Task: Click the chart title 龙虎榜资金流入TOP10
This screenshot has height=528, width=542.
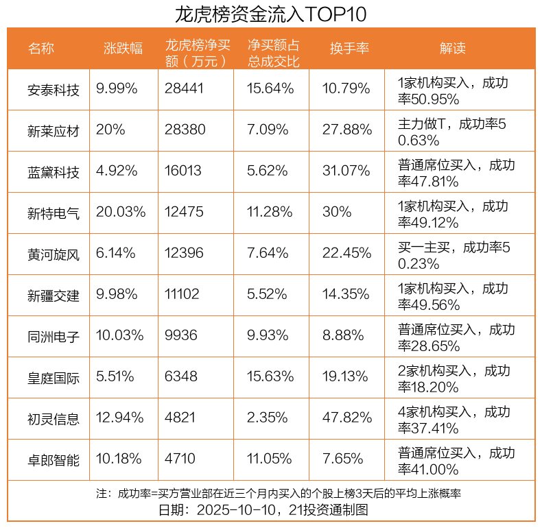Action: coord(271,14)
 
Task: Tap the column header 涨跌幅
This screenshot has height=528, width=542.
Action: coord(123,48)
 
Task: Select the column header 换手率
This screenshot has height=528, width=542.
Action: coord(349,48)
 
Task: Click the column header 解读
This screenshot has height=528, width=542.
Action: coord(453,48)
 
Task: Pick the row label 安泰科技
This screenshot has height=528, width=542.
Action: coord(54,89)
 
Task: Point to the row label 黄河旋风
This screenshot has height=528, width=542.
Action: coord(54,254)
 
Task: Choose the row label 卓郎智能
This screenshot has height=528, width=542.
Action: coord(54,459)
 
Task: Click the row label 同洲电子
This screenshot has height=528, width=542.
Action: coord(54,336)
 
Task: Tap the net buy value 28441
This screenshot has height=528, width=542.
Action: coord(185,89)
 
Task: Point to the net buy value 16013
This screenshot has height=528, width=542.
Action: coord(185,171)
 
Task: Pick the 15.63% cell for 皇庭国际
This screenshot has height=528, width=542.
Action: coord(271,377)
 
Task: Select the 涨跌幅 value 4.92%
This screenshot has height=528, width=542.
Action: coord(117,171)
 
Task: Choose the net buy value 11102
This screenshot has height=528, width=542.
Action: coord(182,295)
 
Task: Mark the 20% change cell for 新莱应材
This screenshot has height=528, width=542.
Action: coord(110,130)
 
